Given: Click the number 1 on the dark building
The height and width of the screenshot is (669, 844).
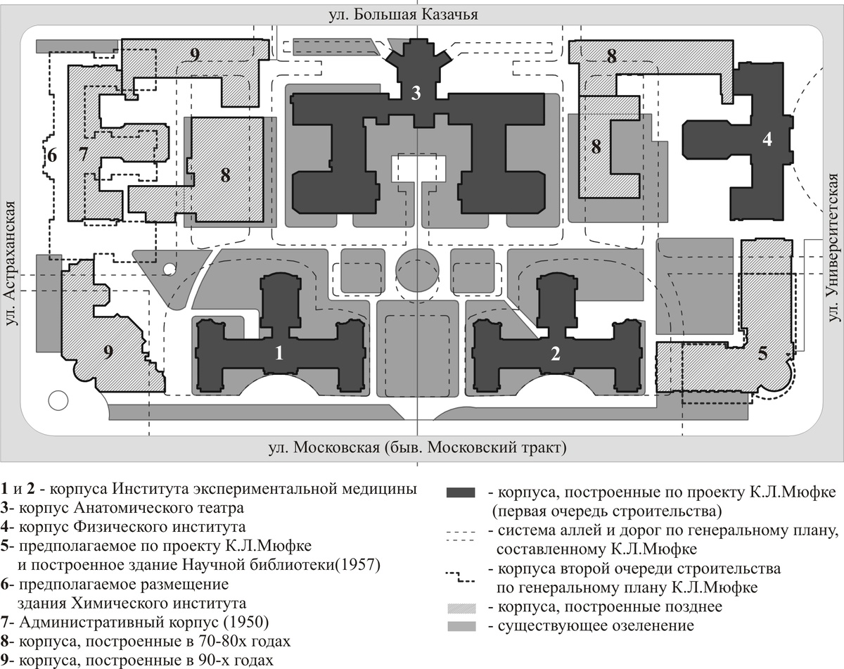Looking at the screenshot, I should (x=279, y=354).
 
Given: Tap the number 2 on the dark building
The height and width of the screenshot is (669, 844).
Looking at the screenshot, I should (x=556, y=354).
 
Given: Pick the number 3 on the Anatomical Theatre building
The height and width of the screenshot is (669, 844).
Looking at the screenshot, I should (x=416, y=92).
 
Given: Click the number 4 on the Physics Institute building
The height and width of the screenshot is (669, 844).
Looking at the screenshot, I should (x=767, y=139).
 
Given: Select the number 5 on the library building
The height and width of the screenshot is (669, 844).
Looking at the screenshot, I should (x=763, y=354).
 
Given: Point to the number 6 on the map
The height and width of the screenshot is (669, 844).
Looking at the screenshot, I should (x=51, y=153).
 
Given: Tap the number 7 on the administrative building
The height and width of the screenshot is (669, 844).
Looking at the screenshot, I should (x=83, y=155).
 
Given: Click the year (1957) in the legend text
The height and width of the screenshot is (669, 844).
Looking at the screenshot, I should (x=354, y=565).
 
